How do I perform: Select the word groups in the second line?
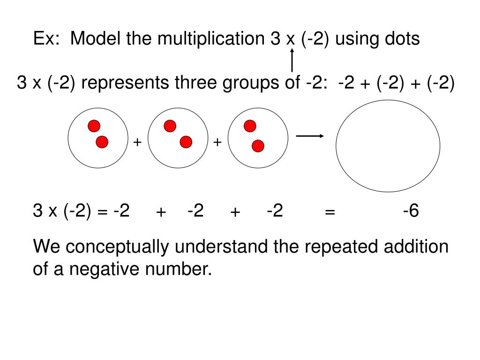point(247,84)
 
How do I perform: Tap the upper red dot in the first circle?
point(94,126)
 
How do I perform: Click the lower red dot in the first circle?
point(102,142)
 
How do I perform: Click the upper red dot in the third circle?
point(250,126)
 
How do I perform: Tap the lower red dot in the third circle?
point(258,146)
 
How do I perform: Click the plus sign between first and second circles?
point(137,142)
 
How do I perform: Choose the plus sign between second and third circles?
point(217,142)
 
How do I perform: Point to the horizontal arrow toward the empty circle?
point(310,136)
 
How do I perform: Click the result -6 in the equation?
point(411,211)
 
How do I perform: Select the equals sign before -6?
point(330,213)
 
